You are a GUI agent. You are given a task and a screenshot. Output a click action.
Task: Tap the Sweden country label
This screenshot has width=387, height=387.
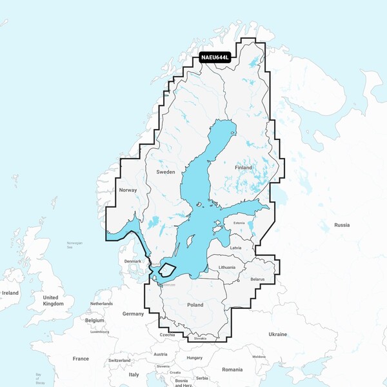click(166, 173)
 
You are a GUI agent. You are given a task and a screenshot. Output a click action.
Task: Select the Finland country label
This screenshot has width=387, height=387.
click(243, 168)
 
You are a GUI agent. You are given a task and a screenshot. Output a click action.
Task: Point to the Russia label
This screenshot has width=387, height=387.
click(342, 225)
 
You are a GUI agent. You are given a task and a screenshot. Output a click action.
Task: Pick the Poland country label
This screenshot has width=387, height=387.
click(194, 304)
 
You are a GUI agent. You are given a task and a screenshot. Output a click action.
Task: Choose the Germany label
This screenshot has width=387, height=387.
click(134, 313)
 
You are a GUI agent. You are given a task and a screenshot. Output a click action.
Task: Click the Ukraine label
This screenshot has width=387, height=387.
click(278, 334)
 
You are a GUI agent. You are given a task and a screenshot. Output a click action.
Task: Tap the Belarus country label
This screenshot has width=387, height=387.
click(257, 279)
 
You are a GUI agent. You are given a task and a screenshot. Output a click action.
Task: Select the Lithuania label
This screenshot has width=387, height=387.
click(227, 267)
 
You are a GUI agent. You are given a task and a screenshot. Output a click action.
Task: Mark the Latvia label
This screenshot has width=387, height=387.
click(235, 247)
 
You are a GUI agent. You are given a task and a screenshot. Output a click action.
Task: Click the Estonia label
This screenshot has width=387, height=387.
click(239, 223)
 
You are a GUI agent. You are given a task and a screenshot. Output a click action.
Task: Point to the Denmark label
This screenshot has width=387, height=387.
click(133, 261)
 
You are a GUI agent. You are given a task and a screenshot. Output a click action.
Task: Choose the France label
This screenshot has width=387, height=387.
click(81, 358)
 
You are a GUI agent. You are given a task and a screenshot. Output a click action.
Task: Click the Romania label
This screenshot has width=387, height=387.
click(232, 370)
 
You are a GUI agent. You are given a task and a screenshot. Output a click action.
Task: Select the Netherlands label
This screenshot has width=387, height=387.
click(101, 303)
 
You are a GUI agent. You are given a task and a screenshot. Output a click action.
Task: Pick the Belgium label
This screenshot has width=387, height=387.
click(94, 320)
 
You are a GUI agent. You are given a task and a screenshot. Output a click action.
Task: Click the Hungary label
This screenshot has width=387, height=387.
click(194, 357)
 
